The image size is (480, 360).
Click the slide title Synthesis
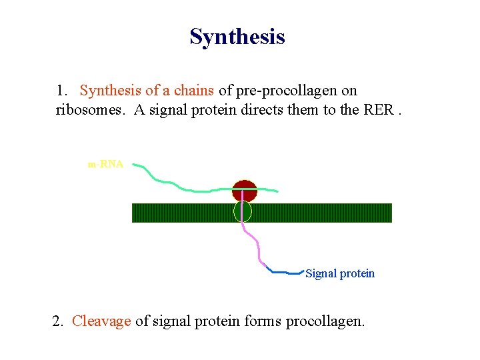pos(237,37)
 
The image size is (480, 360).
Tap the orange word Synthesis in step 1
pos(107,91)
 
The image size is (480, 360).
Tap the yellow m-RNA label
pos(105,164)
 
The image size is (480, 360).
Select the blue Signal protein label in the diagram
pos(340,273)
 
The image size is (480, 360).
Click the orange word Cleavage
pos(101,321)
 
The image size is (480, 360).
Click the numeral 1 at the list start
pos(61,91)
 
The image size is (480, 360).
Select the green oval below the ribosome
pos(243,212)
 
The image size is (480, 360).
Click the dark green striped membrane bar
pos(320,213)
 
